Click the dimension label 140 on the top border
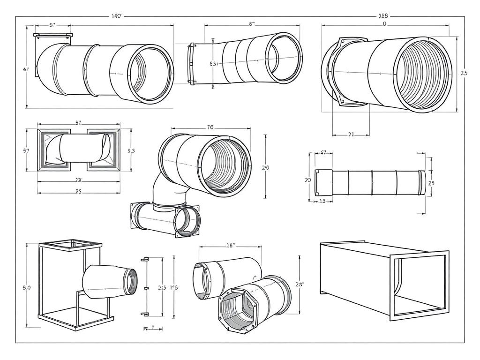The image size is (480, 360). coord(117,16)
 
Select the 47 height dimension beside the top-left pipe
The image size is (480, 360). coord(26,69)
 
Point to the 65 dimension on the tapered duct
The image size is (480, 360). coord(213,64)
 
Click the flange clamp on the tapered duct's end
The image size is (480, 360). coord(191,64)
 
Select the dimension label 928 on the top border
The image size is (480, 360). coord(383,16)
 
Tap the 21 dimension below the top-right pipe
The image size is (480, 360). coord(351,135)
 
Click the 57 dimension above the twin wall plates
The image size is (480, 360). coord(79,123)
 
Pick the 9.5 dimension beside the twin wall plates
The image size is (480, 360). coord(131,151)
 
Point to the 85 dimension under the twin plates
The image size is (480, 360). coord(79,191)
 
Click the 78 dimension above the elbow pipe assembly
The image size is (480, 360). coord(210,127)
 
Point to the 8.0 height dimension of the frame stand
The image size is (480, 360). coord(26,288)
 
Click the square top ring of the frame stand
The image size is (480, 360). coord(70,244)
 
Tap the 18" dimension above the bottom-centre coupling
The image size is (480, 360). coord(231,245)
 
